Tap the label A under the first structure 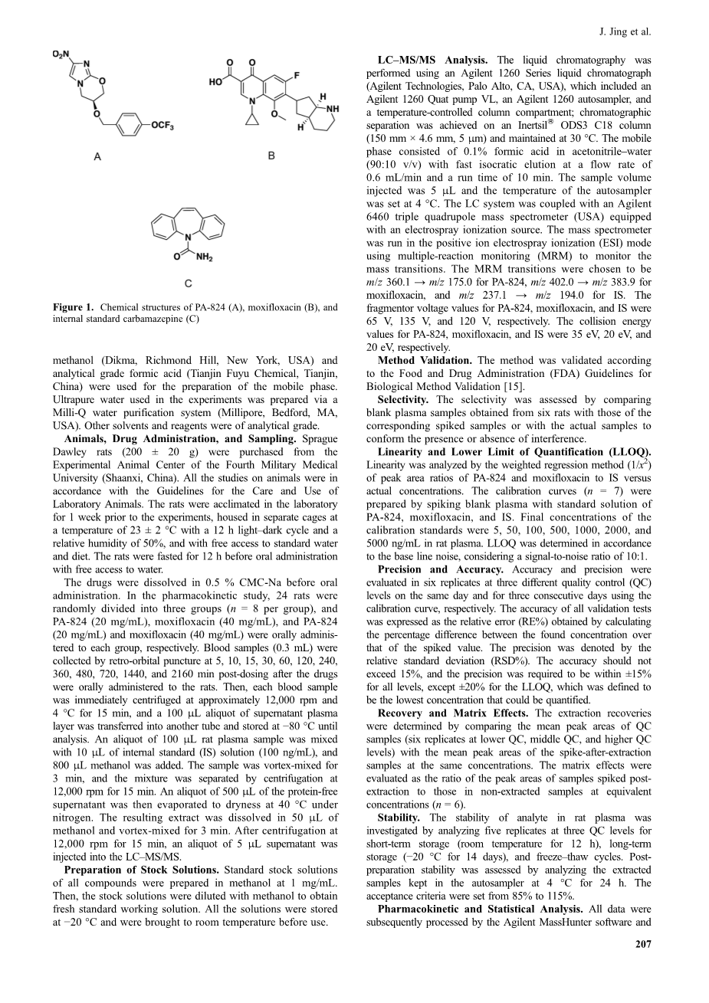97,156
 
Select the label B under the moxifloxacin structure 271,156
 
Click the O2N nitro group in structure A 61,54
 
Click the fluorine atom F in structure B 296,76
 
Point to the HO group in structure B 216,82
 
